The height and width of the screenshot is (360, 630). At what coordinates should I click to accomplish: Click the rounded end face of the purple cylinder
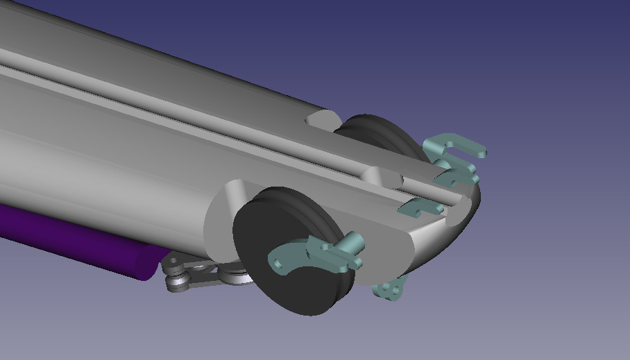pyautogui.click(x=149, y=261)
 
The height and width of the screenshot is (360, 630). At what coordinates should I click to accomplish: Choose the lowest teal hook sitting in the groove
pyautogui.click(x=420, y=206)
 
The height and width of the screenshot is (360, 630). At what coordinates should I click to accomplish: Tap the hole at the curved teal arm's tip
pyautogui.click(x=278, y=264)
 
